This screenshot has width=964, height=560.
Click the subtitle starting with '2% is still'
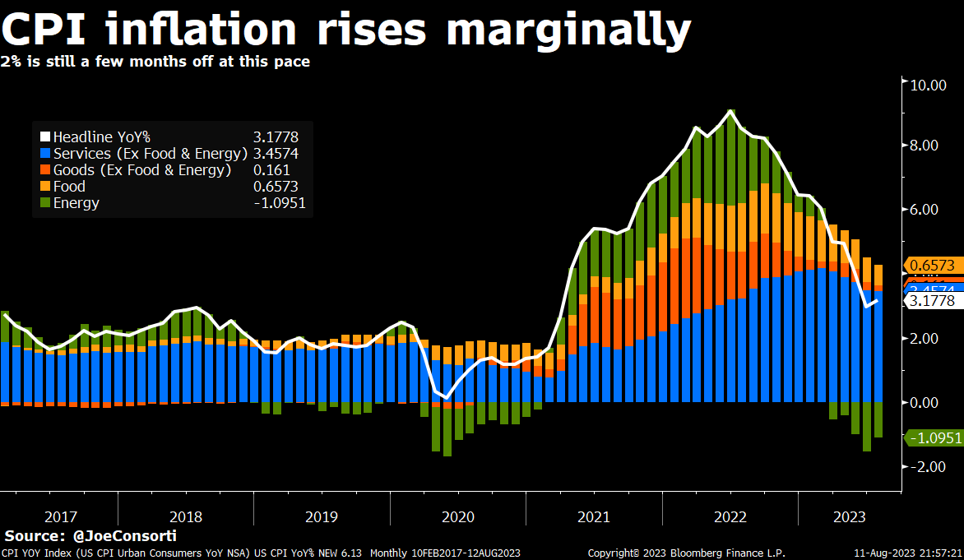pyautogui.click(x=155, y=62)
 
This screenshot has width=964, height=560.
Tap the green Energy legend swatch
pyautogui.click(x=45, y=203)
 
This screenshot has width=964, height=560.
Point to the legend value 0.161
pyautogui.click(x=273, y=170)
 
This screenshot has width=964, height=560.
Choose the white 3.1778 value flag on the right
pyautogui.click(x=933, y=301)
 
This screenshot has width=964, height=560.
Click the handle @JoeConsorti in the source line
pyautogui.click(x=124, y=535)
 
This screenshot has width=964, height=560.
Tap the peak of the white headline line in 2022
pyautogui.click(x=730, y=111)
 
